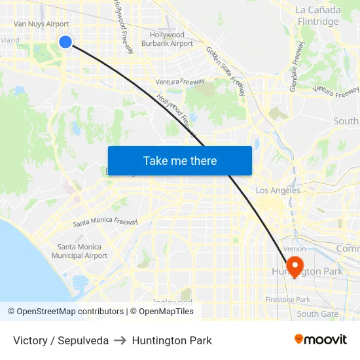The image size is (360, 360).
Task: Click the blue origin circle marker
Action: (x=65, y=42)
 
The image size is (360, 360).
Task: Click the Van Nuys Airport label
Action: (x=41, y=24)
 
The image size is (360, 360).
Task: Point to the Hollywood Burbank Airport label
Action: (x=168, y=39)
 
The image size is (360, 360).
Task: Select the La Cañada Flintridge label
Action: (x=317, y=16)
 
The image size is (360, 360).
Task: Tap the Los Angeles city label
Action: (x=278, y=190)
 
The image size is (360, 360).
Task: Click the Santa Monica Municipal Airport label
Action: (x=82, y=251)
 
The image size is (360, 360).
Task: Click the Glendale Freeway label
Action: (x=297, y=67)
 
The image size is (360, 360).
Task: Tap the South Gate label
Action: (x=317, y=314)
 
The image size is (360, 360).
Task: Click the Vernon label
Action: (x=295, y=249)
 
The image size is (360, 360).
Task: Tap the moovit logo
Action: (x=321, y=340)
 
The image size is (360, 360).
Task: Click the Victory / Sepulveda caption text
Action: (x=61, y=340)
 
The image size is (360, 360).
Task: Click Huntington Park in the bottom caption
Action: (x=171, y=340)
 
